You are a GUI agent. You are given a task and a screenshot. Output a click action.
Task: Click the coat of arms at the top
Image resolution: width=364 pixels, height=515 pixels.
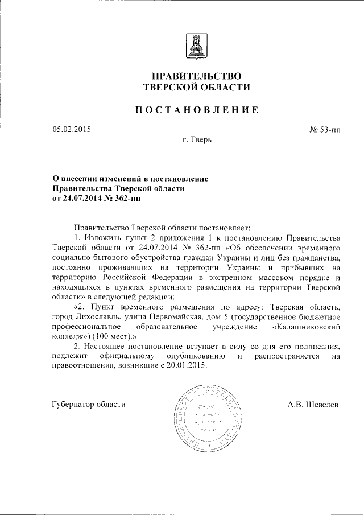[x=196, y=43]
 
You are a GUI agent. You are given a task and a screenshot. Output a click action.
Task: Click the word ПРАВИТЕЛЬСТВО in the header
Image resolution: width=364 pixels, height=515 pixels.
[x=196, y=76]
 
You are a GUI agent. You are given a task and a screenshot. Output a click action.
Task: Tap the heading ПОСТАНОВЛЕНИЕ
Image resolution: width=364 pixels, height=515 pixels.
[x=196, y=110]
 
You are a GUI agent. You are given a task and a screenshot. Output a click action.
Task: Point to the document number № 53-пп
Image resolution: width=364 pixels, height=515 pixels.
[x=325, y=130]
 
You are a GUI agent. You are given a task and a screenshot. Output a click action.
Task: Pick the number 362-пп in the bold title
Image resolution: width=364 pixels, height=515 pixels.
[x=122, y=198]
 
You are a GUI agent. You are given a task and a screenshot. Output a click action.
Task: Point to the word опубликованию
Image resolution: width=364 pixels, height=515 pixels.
[x=192, y=356]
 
